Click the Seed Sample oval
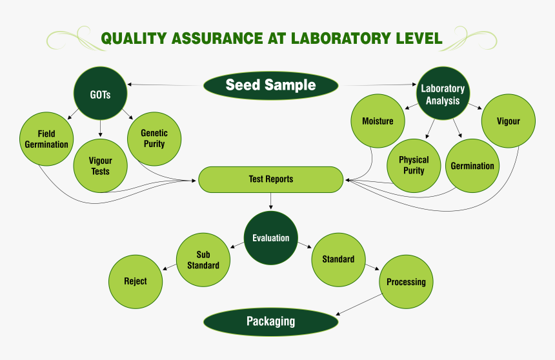[270, 85]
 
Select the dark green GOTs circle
[101, 94]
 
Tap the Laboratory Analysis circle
[443, 94]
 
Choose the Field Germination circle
[46, 139]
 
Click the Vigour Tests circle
[101, 166]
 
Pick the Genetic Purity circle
[154, 139]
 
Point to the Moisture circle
[378, 121]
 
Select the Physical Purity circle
[414, 165]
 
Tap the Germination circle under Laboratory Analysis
[472, 166]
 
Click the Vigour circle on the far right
[508, 121]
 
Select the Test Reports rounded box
[270, 179]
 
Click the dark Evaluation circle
[271, 238]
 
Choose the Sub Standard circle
[203, 260]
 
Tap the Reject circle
[136, 281]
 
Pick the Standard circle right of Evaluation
[338, 259]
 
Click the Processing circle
[406, 282]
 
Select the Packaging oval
[270, 321]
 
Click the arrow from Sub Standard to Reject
[168, 266]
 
